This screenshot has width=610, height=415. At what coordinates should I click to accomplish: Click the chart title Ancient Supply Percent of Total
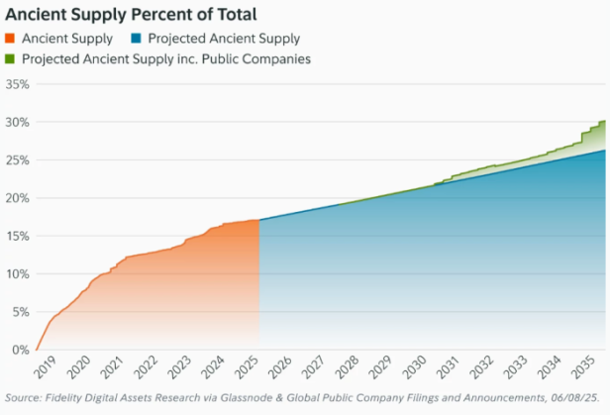(131, 15)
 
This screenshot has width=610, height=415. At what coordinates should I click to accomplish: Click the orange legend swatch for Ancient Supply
(12, 39)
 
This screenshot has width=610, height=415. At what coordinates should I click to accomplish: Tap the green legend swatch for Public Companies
(12, 58)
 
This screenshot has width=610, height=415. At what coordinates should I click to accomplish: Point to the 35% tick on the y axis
(17, 84)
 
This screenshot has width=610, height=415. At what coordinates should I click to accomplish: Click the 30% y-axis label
(17, 122)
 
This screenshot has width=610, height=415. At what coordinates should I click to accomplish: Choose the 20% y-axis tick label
(17, 198)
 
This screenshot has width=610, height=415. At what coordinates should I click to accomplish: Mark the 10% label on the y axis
(17, 274)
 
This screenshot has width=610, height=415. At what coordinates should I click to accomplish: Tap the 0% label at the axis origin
(20, 350)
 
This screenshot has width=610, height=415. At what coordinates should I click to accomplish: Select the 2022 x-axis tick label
(145, 369)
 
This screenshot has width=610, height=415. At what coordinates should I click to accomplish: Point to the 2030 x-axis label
(413, 369)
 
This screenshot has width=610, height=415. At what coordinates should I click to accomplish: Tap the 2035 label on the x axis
(582, 369)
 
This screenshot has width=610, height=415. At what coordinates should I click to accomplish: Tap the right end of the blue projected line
(605, 151)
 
